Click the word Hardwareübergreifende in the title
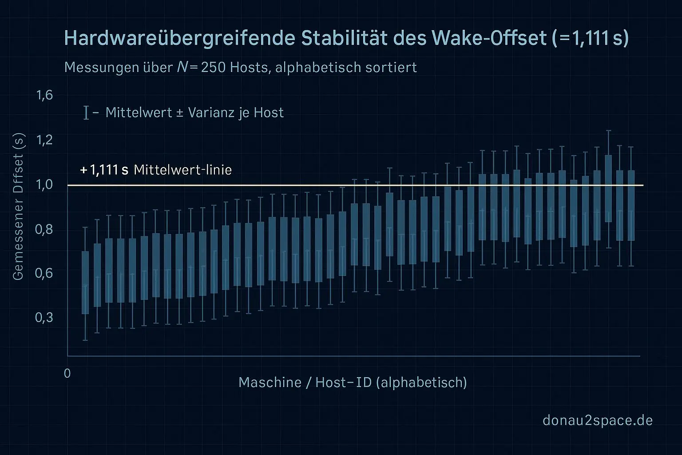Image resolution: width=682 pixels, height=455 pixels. (x=179, y=38)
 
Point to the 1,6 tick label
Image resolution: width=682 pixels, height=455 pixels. (x=44, y=95)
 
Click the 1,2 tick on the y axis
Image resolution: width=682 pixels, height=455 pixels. (x=44, y=140)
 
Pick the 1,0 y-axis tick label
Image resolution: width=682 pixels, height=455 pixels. (x=44, y=184)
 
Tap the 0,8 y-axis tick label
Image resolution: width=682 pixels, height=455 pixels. (x=44, y=229)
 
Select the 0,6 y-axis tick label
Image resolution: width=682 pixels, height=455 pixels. (x=44, y=272)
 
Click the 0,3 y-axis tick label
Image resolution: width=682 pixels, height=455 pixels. (x=44, y=317)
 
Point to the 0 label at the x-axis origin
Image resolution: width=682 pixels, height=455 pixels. (x=67, y=373)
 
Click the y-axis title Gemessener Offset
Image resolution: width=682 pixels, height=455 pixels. (x=18, y=207)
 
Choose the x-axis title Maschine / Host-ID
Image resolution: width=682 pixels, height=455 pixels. (x=353, y=382)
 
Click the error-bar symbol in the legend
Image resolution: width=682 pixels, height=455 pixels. (x=86, y=113)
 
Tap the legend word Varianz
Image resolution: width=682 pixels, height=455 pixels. (x=211, y=113)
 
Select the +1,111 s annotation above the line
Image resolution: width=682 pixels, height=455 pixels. (x=104, y=170)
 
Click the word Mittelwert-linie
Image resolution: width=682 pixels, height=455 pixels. (x=182, y=170)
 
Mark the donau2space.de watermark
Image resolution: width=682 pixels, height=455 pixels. (x=598, y=420)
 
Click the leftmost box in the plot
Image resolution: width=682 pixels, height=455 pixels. (x=85, y=283)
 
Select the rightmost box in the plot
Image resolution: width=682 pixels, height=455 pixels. (x=631, y=205)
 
